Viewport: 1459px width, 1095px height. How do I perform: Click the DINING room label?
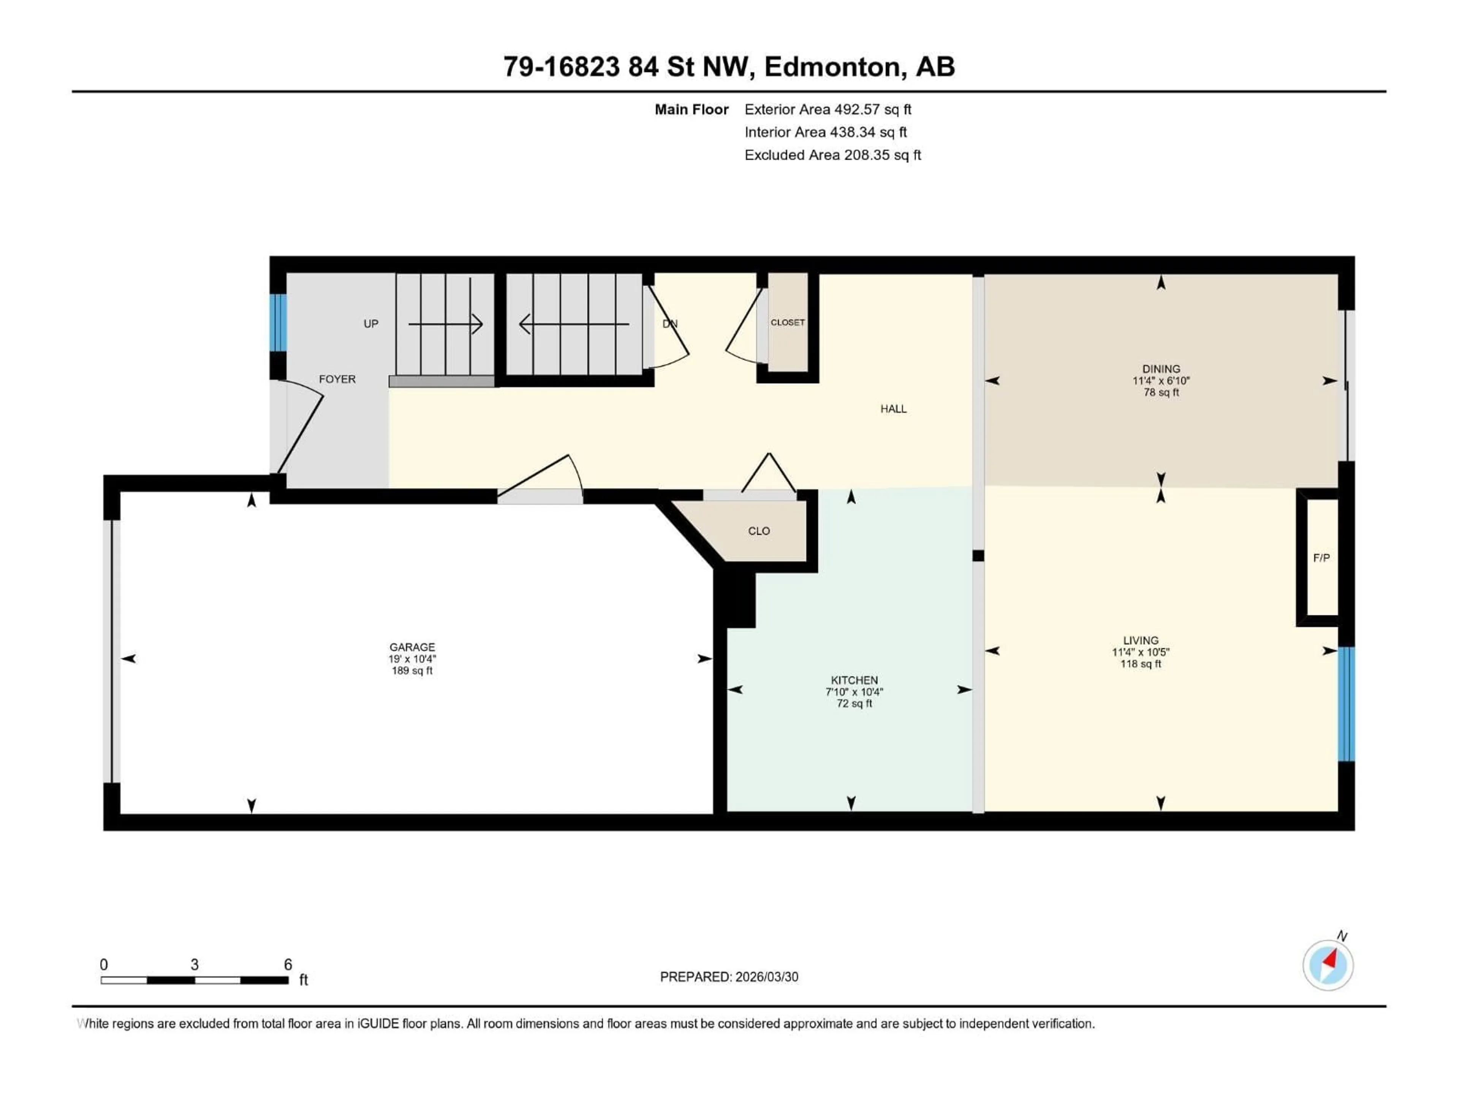click(1161, 369)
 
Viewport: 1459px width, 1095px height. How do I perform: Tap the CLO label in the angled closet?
click(758, 531)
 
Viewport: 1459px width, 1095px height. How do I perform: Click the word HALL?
click(893, 409)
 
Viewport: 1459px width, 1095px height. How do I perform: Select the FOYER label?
click(337, 379)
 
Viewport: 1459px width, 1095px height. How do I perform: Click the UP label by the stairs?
click(371, 324)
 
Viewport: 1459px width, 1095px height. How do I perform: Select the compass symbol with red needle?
click(1328, 965)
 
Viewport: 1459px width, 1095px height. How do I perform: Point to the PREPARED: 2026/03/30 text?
click(729, 977)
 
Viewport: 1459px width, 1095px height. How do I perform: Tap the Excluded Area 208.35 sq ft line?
click(832, 155)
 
